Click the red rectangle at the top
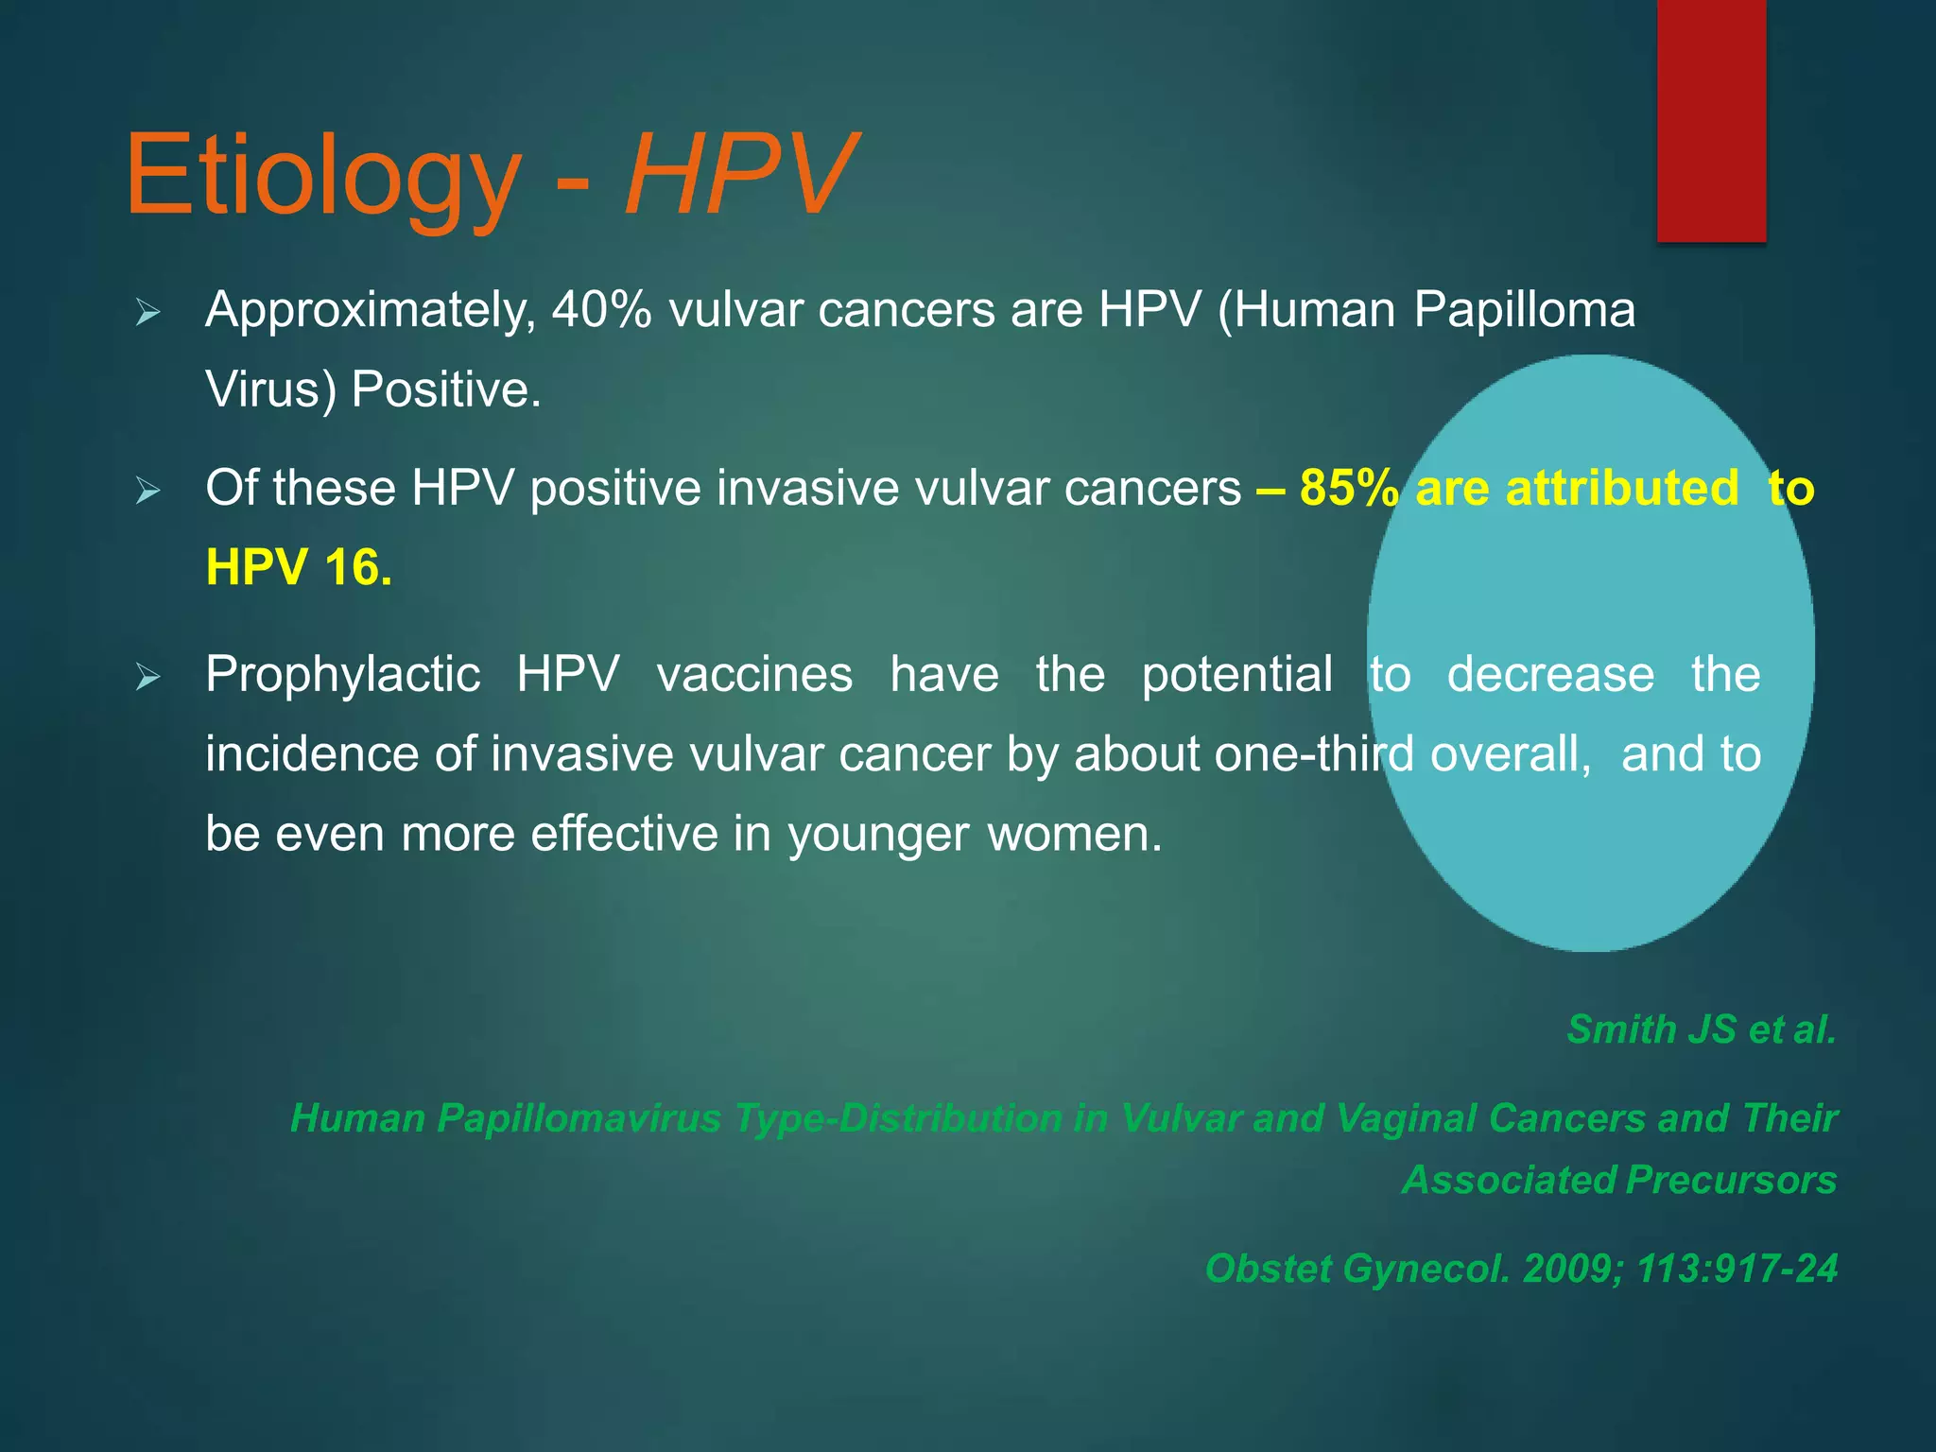tap(1711, 121)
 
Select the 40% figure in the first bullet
tap(601, 310)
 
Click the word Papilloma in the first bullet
tap(1524, 310)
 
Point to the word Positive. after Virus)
tap(446, 389)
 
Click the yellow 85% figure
tap(1348, 488)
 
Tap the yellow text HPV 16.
tap(299, 568)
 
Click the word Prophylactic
tap(343, 675)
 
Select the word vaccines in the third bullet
tap(754, 675)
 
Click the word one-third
tap(1314, 754)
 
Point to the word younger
tap(878, 835)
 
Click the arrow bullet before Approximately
tap(148, 312)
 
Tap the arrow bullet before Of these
tap(148, 491)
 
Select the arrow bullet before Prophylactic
tap(148, 677)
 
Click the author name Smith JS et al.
tap(1701, 1029)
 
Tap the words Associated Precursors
tap(1619, 1180)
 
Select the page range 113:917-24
tap(1737, 1269)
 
